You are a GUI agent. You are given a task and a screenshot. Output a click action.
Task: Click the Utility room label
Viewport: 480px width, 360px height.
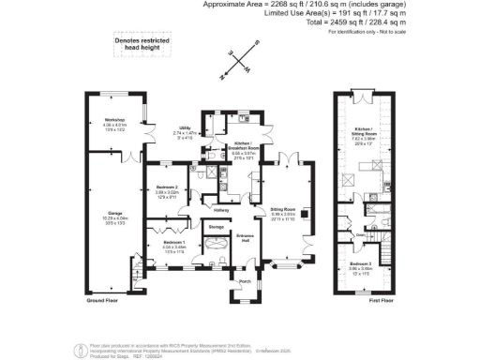click(184, 131)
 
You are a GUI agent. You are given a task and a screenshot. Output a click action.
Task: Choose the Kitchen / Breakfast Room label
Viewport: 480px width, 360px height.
click(243, 146)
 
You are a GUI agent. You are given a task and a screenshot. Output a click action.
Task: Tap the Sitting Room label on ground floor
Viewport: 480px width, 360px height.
click(283, 214)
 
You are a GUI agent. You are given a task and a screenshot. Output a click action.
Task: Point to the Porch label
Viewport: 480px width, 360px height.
click(245, 280)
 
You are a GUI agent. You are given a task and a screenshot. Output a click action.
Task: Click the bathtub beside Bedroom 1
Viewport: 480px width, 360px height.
click(216, 247)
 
